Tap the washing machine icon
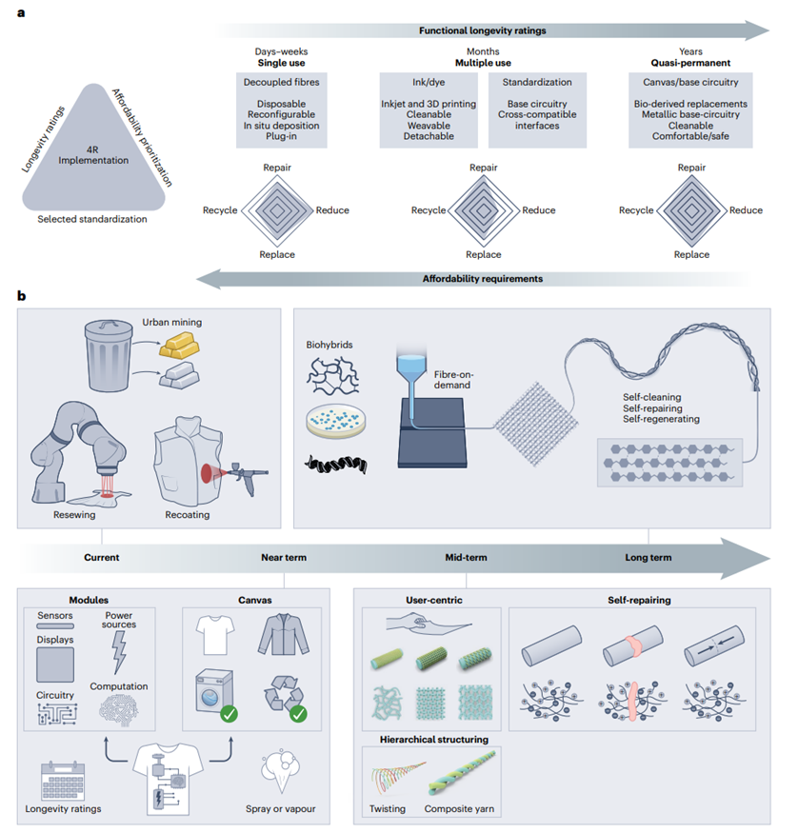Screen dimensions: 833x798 point(213,694)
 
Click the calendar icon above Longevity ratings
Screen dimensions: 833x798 point(58,780)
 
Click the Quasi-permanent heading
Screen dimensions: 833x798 point(690,62)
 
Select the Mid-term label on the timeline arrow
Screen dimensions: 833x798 point(467,557)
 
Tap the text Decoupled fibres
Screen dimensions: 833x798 point(281,81)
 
